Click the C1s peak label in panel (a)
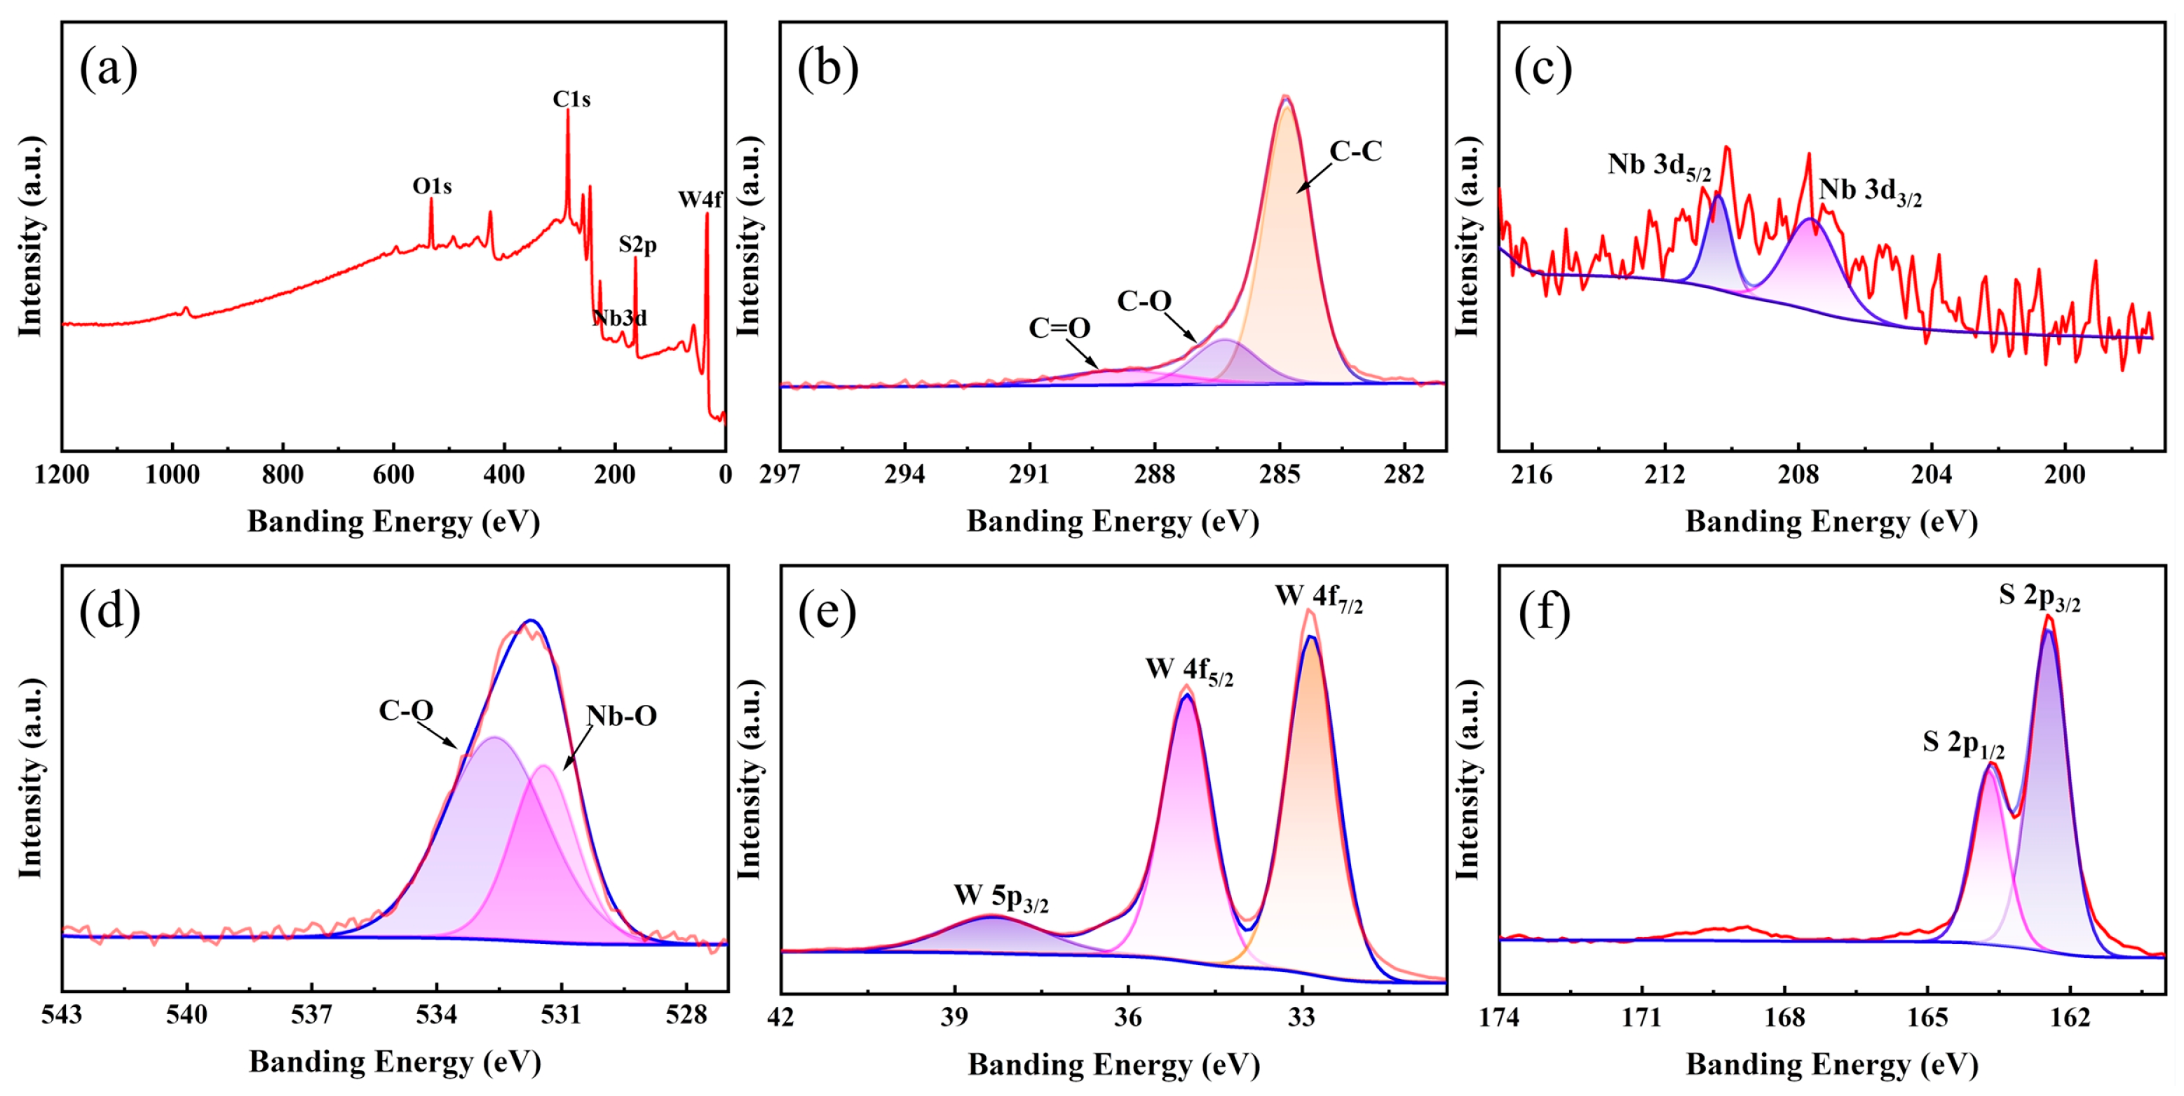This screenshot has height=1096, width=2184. point(571,100)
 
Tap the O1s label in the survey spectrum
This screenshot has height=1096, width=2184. point(432,186)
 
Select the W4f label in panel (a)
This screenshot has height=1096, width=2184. point(700,199)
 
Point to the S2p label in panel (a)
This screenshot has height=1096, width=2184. point(637,245)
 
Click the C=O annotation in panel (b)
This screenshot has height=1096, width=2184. point(1059,327)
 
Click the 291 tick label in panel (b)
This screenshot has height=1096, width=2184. point(1030,474)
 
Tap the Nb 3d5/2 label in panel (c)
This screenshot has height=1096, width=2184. point(1658,165)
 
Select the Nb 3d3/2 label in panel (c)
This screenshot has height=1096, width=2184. point(1869,191)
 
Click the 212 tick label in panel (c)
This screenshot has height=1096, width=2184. point(1665,474)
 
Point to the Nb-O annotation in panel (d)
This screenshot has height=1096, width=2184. point(621,716)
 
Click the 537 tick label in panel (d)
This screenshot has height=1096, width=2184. point(312,1015)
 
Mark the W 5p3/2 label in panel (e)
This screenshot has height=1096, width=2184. point(1001,897)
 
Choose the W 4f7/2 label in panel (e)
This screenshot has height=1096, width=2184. point(1318,597)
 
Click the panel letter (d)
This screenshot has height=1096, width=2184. point(109,611)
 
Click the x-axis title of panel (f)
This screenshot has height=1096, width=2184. point(1831,1064)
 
